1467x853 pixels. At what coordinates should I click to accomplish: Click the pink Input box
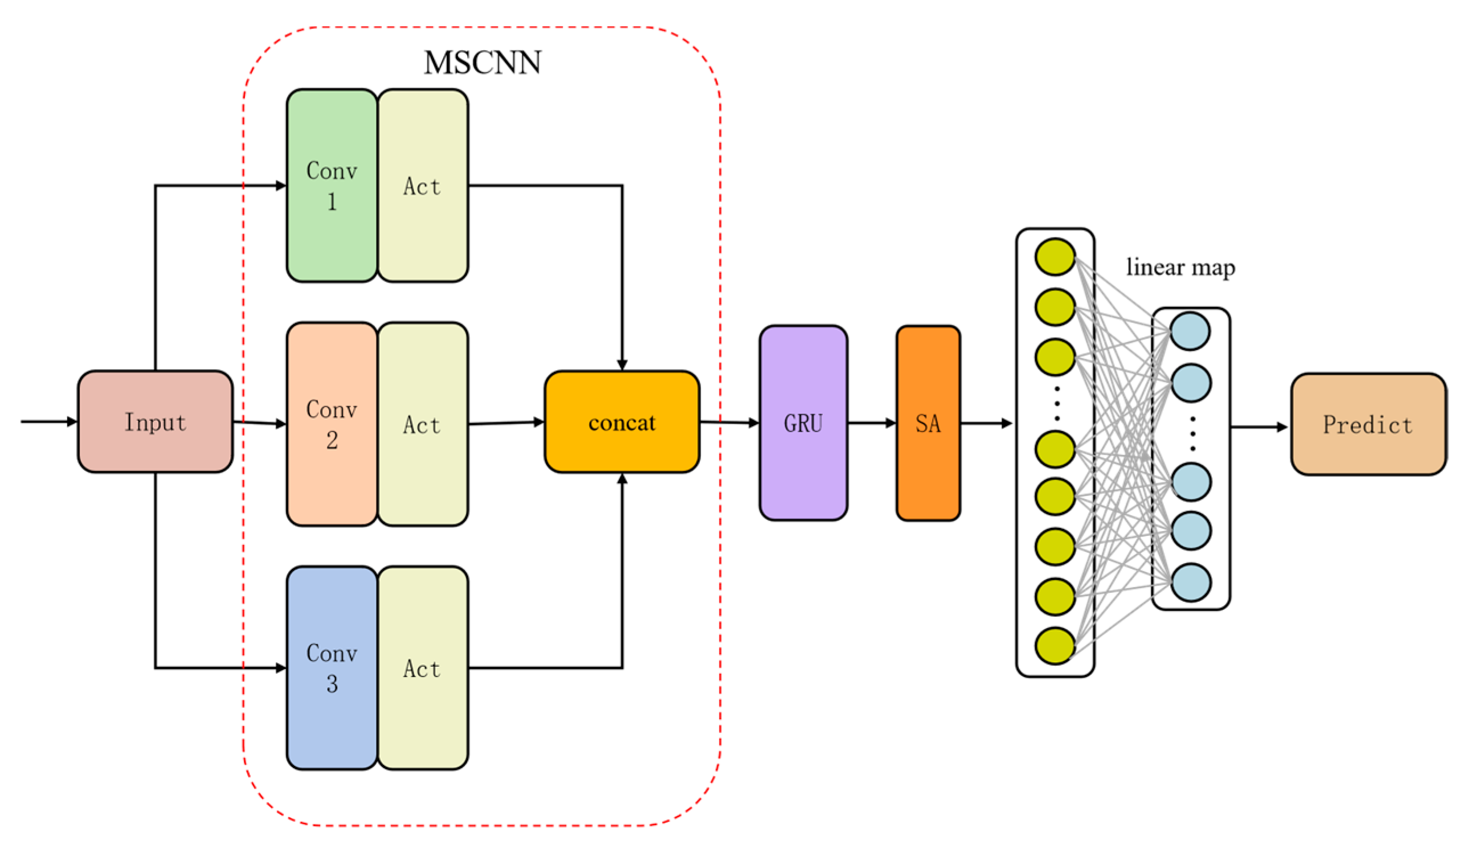[x=155, y=422]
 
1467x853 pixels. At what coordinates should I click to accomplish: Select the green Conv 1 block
[x=332, y=186]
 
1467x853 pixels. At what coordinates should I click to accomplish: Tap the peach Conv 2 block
[x=332, y=424]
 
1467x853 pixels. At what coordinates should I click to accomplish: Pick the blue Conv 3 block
[x=332, y=668]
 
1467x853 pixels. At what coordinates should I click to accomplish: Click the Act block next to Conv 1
[x=423, y=186]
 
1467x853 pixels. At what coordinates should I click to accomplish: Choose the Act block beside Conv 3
[x=423, y=668]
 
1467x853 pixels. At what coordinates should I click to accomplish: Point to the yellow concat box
[x=622, y=422]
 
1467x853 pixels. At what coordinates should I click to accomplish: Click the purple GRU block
[x=803, y=423]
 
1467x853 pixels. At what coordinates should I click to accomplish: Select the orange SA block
[x=928, y=423]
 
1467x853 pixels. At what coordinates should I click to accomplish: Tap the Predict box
[x=1368, y=425]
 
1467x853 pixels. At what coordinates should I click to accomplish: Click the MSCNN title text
[x=483, y=62]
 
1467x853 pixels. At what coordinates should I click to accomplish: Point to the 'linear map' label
[x=1180, y=267]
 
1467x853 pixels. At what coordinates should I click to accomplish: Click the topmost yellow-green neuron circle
[x=1055, y=257]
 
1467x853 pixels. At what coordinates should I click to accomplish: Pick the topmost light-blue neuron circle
[x=1190, y=331]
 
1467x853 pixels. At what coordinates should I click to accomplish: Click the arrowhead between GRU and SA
[x=890, y=423]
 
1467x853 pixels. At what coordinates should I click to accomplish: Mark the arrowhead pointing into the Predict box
[x=1282, y=427]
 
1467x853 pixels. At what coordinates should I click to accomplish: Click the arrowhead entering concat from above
[x=622, y=365]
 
